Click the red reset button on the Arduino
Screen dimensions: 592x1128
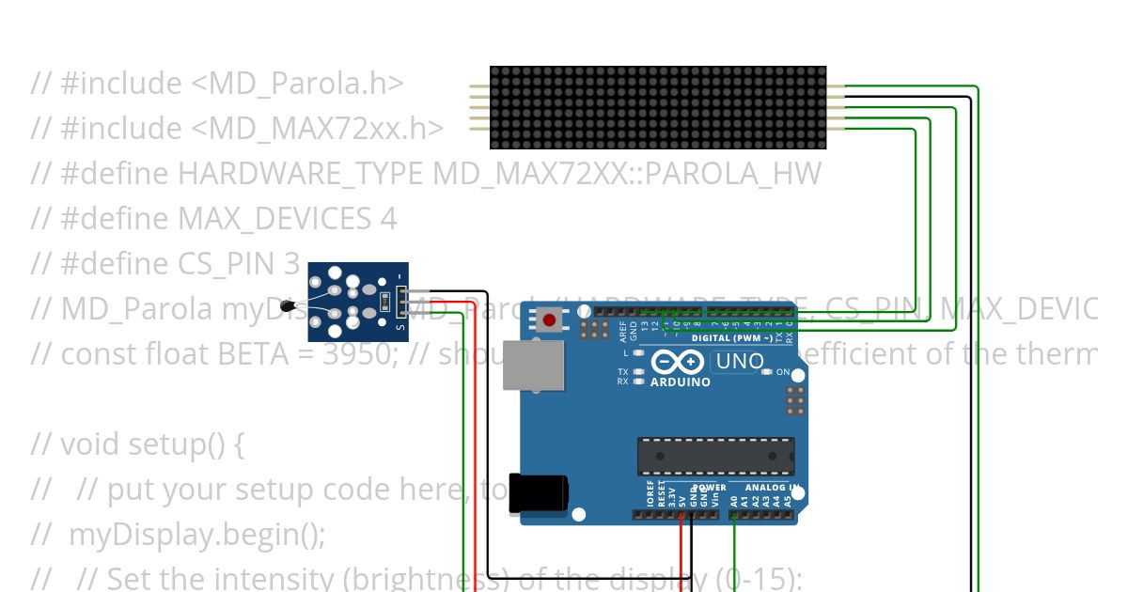click(549, 322)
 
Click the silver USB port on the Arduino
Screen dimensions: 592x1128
click(533, 365)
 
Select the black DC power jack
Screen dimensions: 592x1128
click(539, 493)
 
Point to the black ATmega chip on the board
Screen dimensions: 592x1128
click(715, 456)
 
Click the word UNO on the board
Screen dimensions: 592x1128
click(738, 361)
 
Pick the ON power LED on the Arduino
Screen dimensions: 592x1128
click(768, 373)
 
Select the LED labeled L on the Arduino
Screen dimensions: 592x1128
click(639, 353)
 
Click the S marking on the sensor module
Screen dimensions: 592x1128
click(400, 327)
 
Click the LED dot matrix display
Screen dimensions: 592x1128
click(658, 107)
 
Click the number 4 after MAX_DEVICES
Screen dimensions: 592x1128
click(388, 219)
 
